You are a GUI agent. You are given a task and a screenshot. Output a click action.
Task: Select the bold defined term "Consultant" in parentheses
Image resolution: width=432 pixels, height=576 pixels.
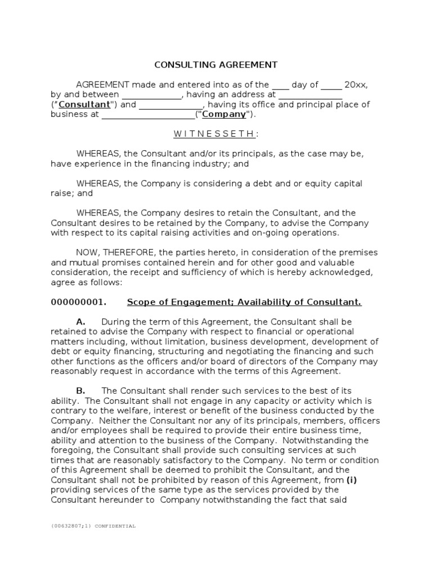click(84, 105)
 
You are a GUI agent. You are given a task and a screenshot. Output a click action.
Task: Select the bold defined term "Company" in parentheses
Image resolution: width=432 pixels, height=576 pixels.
click(224, 114)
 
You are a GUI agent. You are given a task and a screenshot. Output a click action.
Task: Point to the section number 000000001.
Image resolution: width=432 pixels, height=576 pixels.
click(78, 302)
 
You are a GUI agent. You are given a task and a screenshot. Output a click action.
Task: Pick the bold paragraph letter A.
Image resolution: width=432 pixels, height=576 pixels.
click(80, 322)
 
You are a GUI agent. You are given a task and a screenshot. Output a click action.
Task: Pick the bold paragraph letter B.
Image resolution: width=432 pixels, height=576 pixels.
click(80, 390)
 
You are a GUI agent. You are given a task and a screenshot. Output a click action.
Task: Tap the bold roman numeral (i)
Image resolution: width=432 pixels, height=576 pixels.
click(352, 479)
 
